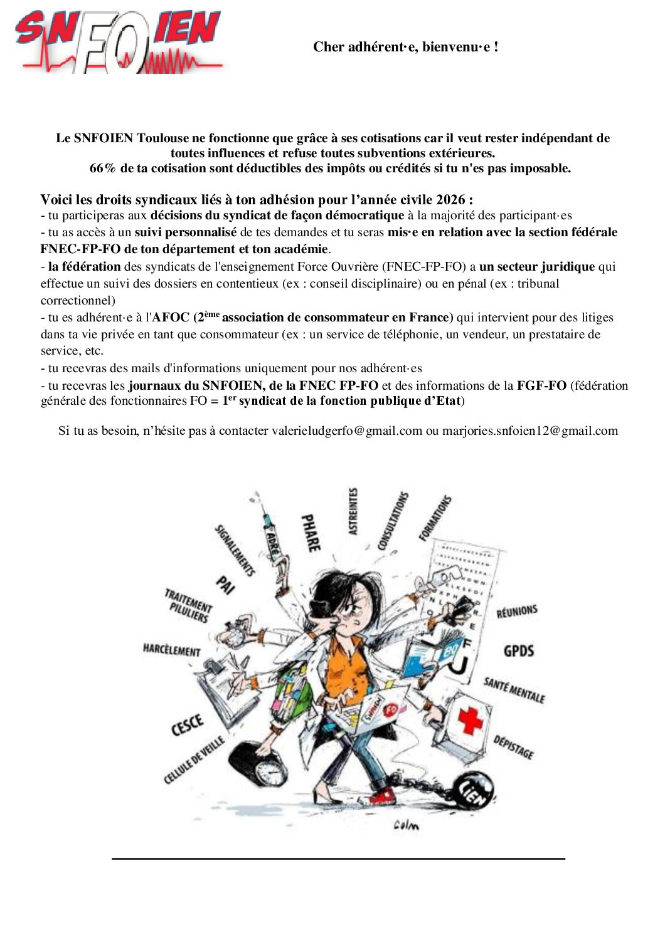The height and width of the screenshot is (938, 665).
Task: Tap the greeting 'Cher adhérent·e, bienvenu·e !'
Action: [406, 47]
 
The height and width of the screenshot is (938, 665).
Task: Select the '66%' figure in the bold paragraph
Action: [103, 168]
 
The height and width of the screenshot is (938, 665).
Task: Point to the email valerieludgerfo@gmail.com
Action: [347, 430]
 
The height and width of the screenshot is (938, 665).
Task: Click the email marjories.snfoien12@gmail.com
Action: [530, 430]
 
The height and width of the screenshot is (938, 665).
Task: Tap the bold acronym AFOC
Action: [171, 317]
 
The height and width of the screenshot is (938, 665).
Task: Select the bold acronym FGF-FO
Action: [541, 385]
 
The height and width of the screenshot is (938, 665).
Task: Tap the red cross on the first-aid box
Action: [470, 718]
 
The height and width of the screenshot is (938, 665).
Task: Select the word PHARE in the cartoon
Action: [311, 533]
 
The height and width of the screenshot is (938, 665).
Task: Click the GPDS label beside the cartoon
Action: [519, 650]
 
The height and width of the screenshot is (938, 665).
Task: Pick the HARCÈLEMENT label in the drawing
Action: [171, 649]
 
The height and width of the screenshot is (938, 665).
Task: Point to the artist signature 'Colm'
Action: [406, 825]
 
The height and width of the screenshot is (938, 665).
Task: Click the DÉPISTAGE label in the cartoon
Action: [513, 747]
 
